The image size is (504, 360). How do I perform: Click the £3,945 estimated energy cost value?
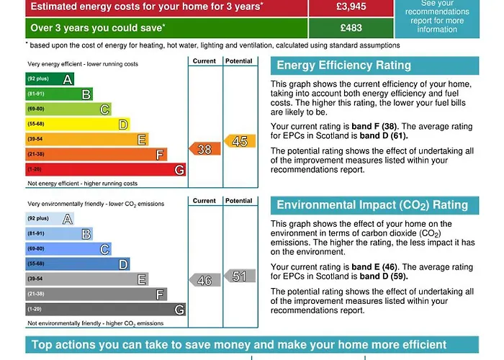(351, 7)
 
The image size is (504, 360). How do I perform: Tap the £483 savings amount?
(351, 28)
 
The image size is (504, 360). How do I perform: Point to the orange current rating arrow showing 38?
(204, 149)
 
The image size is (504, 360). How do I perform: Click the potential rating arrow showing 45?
(239, 141)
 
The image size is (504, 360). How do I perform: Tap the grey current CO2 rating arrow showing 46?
(204, 280)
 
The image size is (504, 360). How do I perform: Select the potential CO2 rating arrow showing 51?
(239, 276)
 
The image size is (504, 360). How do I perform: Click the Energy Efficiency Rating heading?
(343, 66)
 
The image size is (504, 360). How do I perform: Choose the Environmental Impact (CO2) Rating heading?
(372, 205)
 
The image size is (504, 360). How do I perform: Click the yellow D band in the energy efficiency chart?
(77, 124)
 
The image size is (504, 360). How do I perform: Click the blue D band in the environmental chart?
(77, 264)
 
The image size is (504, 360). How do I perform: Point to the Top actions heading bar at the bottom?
(252, 345)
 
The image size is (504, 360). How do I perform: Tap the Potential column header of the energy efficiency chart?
(239, 61)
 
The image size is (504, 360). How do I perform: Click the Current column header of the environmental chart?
(204, 201)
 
